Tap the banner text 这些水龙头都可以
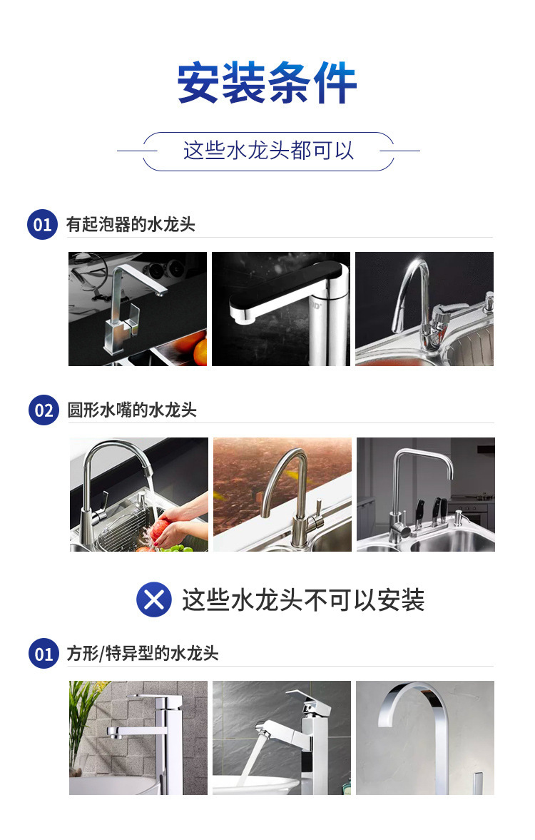click(x=268, y=151)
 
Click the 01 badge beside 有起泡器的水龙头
click(x=43, y=225)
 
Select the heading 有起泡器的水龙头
click(x=131, y=225)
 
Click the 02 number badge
click(x=44, y=410)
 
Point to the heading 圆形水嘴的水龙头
click(x=132, y=410)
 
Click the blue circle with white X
click(x=154, y=599)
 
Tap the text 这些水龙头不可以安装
click(x=303, y=599)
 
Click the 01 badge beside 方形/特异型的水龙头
click(x=44, y=654)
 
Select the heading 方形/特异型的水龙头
click(x=143, y=654)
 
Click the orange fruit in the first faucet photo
click(x=194, y=348)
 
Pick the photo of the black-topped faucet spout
click(x=281, y=308)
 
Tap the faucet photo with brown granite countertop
click(x=282, y=494)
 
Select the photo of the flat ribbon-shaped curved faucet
click(x=425, y=737)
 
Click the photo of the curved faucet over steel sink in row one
click(x=424, y=308)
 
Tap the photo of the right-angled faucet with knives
click(x=426, y=494)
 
